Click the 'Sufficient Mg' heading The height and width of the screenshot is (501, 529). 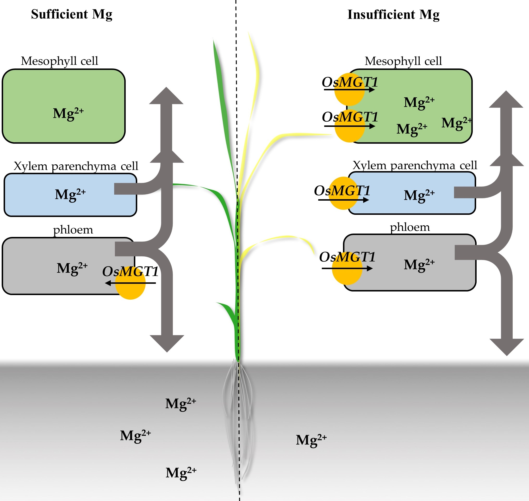click(x=72, y=14)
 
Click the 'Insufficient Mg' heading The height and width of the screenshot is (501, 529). click(x=393, y=15)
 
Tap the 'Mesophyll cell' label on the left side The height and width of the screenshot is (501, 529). click(x=59, y=61)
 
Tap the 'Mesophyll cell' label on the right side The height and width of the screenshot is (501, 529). click(x=403, y=62)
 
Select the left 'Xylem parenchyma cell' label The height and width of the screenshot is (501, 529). click(x=76, y=166)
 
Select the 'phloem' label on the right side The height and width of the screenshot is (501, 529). click(x=410, y=227)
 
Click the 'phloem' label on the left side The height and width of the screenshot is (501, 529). click(x=73, y=230)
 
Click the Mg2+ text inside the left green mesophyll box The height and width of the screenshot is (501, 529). click(x=68, y=114)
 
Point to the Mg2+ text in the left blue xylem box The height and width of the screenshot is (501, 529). click(x=70, y=195)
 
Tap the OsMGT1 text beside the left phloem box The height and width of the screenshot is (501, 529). click(x=130, y=272)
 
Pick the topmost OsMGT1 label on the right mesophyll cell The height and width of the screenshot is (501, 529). click(x=350, y=82)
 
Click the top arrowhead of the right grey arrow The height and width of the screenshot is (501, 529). click(x=506, y=100)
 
